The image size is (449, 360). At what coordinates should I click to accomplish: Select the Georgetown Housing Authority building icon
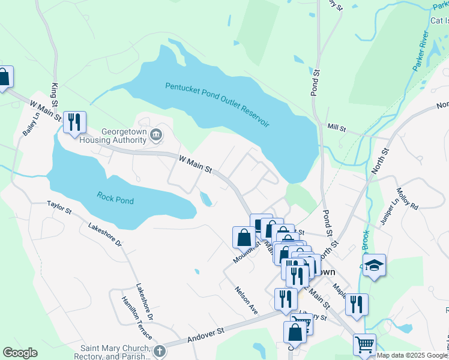[155, 135]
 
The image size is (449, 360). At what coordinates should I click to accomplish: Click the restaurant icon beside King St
[74, 122]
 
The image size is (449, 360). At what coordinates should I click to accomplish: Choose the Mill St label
[337, 127]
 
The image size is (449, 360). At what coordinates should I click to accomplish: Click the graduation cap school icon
[374, 266]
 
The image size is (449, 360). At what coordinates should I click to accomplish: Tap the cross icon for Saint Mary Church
[158, 350]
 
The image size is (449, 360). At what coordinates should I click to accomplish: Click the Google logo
[20, 353]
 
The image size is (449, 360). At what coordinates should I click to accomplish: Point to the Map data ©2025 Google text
[411, 355]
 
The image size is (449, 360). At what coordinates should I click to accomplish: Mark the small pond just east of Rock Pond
[206, 199]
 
